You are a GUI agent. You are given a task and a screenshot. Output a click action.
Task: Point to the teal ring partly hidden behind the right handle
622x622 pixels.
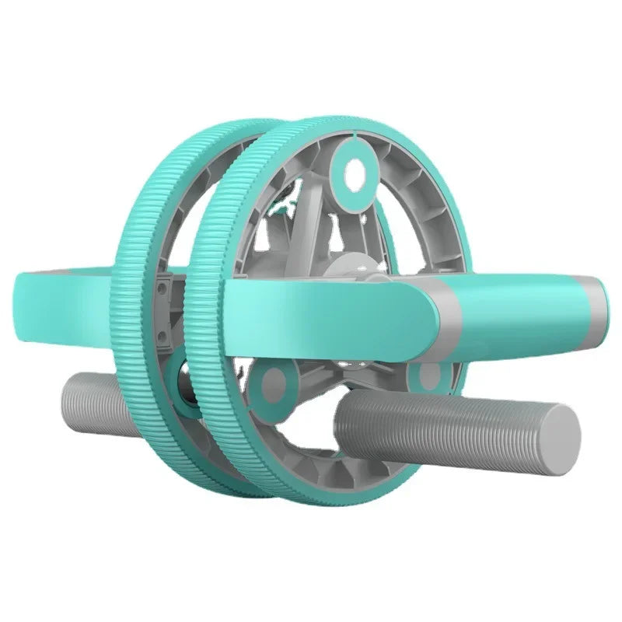tap(427, 375)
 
